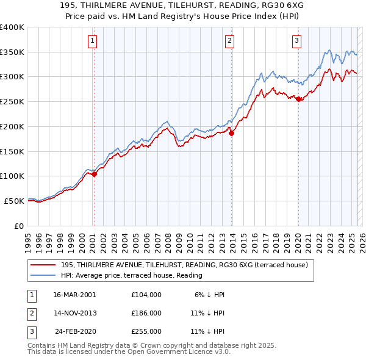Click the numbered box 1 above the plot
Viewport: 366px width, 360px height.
click(x=92, y=41)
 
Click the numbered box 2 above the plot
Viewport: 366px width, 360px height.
click(x=229, y=41)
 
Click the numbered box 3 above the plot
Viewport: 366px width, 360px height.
click(x=296, y=41)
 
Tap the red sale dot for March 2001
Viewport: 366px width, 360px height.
click(x=95, y=175)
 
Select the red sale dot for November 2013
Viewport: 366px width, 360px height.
click(x=232, y=134)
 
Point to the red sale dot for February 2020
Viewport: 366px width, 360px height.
click(x=298, y=99)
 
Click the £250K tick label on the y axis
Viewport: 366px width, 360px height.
click(x=12, y=101)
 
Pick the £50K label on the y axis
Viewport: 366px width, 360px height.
click(x=14, y=201)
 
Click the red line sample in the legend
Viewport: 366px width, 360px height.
click(x=43, y=265)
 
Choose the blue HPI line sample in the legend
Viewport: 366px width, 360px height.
click(x=43, y=275)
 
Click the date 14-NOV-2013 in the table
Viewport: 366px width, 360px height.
click(x=76, y=313)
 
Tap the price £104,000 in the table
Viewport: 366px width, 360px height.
click(x=146, y=294)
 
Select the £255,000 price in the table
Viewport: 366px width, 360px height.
click(x=146, y=332)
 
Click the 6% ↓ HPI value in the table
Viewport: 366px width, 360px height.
click(x=210, y=294)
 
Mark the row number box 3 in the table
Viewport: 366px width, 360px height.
click(x=31, y=332)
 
